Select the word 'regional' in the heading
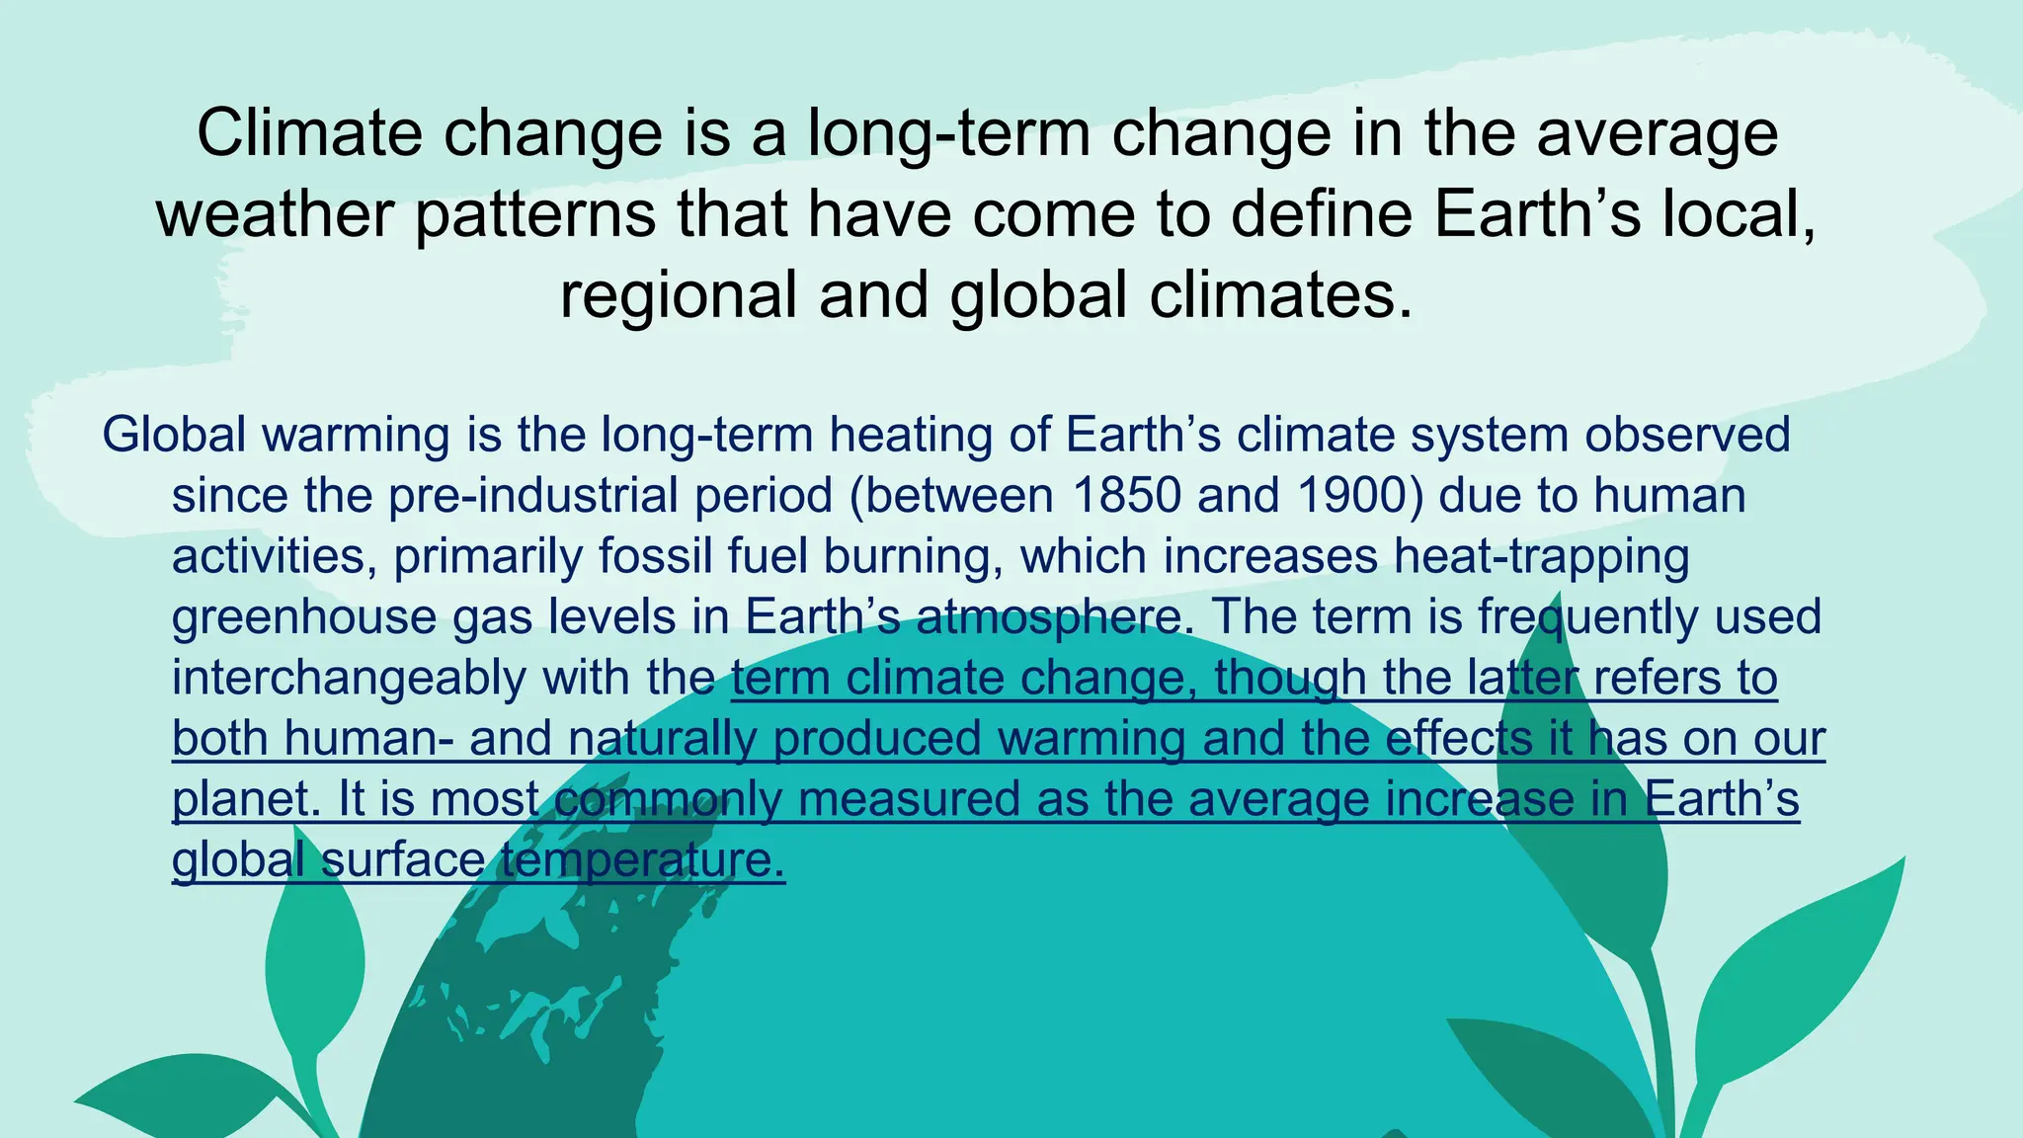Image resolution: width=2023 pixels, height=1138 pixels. pyautogui.click(x=679, y=296)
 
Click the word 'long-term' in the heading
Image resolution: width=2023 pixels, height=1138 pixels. pyautogui.click(x=948, y=133)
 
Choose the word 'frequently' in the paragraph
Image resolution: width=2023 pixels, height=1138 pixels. pyautogui.click(x=1586, y=617)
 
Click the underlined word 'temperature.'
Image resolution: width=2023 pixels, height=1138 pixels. pyautogui.click(x=642, y=860)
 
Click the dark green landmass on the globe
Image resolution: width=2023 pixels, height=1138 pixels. pyautogui.click(x=533, y=1037)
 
